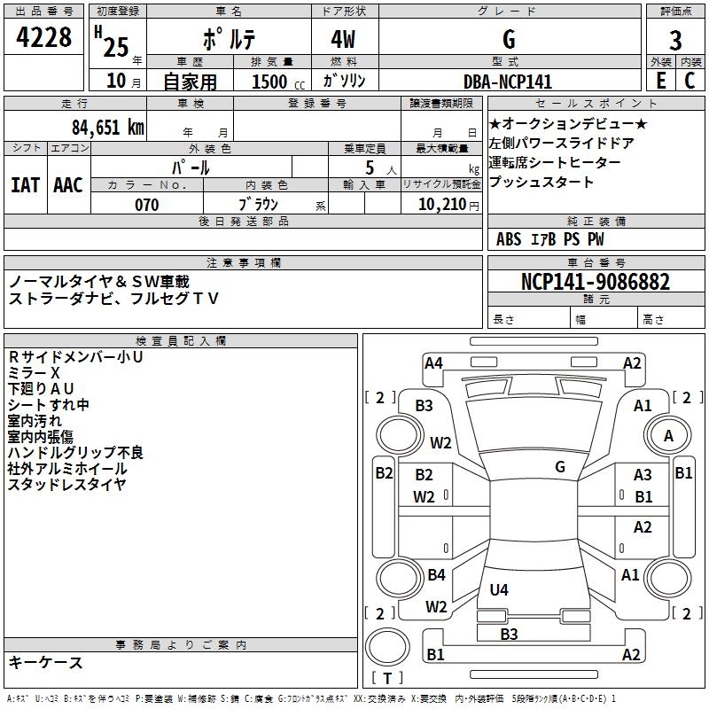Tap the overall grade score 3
675,40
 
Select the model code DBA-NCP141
508,82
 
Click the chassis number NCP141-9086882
596,283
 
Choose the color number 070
147,205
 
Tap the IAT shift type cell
25,185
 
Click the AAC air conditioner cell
68,185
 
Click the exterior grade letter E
660,81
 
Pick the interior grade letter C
690,81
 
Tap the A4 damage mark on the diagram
433,362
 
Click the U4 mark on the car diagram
499,589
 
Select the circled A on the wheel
669,435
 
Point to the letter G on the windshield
560,467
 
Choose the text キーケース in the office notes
46,663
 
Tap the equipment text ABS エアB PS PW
550,239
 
